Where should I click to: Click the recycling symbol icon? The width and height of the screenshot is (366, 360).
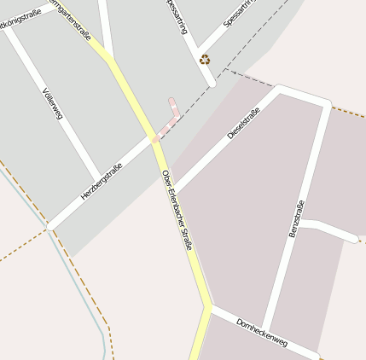205,59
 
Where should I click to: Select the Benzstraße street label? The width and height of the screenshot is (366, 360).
296,218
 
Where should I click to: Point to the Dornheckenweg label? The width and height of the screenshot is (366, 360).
262,333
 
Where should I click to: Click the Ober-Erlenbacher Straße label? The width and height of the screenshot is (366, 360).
177,210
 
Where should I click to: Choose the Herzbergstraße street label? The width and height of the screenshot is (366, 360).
101,182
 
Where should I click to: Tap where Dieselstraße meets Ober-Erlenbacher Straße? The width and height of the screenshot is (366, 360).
174,189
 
